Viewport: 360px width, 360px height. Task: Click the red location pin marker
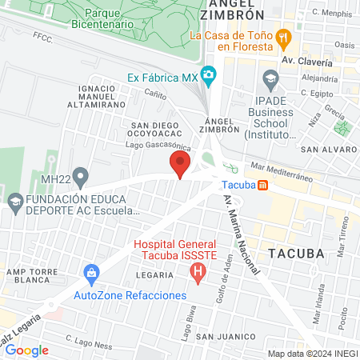coord(179,166)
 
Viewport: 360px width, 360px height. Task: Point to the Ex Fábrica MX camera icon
coord(209,78)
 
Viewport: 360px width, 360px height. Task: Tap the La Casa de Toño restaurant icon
coord(282,36)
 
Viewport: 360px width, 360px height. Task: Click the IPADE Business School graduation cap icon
coord(270,78)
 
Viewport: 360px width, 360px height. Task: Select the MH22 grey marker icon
coord(80,176)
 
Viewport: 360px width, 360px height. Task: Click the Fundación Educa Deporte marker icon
coord(14,200)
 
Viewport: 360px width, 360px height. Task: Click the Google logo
coord(27,350)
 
